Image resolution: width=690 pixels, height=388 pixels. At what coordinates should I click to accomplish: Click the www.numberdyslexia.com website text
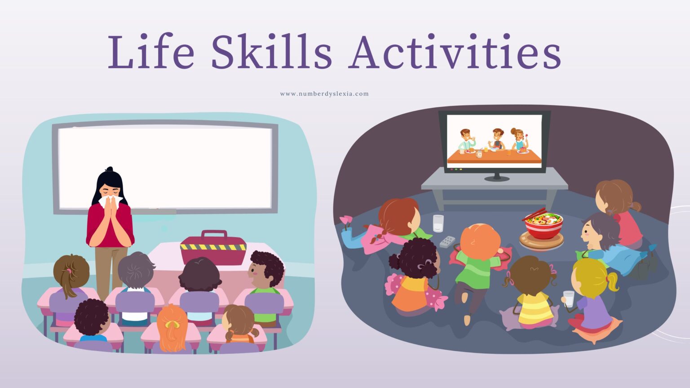click(x=324, y=94)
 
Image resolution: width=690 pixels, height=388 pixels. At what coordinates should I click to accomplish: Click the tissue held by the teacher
click(x=110, y=200)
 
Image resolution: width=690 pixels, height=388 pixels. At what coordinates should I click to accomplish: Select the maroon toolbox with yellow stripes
click(x=213, y=247)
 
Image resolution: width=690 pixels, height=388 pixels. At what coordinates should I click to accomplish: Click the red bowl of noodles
click(x=544, y=225)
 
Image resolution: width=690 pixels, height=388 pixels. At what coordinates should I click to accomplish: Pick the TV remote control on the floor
click(x=447, y=242)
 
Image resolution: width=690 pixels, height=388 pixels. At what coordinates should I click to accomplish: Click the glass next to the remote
click(x=438, y=223)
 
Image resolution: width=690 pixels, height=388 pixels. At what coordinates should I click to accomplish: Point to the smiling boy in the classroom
click(x=265, y=274)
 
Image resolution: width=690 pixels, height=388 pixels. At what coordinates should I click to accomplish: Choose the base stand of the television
click(x=496, y=178)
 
